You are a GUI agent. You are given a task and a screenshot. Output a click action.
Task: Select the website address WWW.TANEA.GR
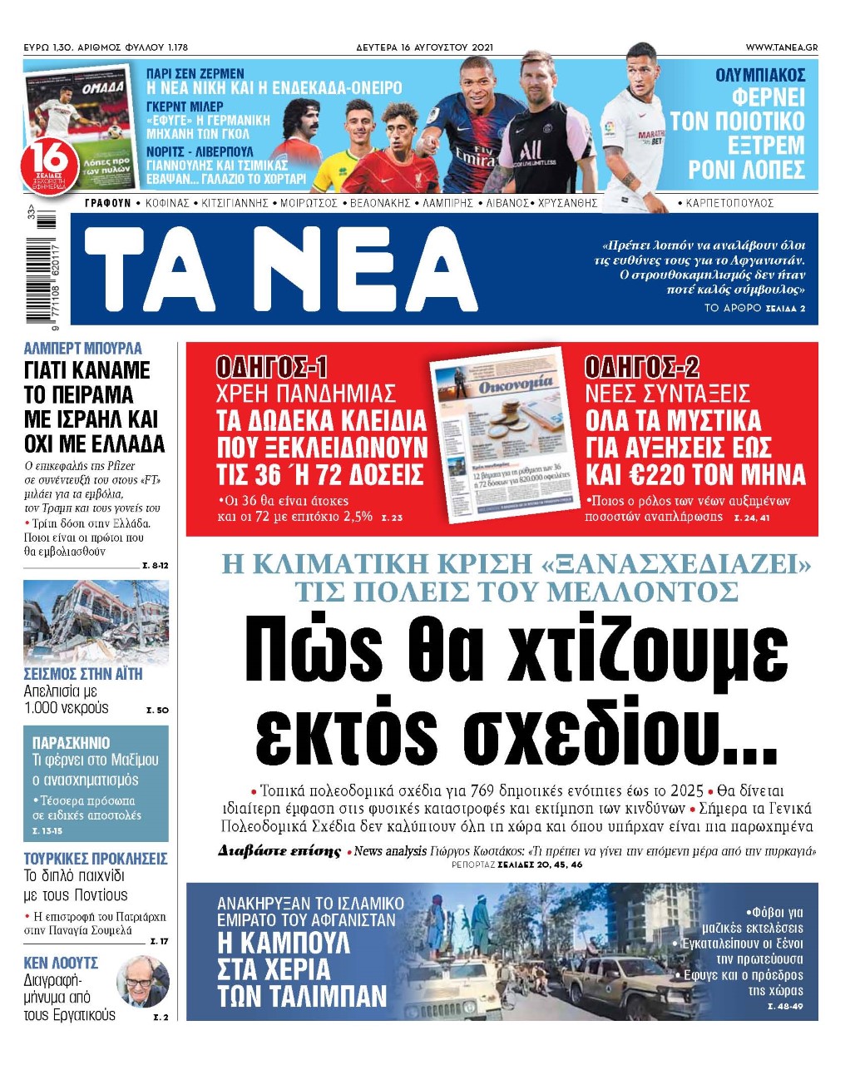(781, 47)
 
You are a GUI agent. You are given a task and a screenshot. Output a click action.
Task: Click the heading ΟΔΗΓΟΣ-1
(272, 367)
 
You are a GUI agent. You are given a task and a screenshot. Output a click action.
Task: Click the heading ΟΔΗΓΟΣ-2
(641, 367)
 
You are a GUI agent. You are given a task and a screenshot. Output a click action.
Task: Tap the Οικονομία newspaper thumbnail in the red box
(503, 434)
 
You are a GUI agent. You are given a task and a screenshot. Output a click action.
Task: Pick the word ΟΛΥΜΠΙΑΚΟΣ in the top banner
(760, 76)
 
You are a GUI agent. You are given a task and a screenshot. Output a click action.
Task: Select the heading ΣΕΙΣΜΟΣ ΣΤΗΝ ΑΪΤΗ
(83, 674)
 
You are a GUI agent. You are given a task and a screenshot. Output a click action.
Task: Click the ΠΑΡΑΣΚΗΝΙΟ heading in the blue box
(71, 742)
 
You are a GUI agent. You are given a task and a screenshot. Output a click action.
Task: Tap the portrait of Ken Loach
(143, 982)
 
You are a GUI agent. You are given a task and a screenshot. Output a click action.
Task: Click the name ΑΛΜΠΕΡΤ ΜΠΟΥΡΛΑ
(83, 349)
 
